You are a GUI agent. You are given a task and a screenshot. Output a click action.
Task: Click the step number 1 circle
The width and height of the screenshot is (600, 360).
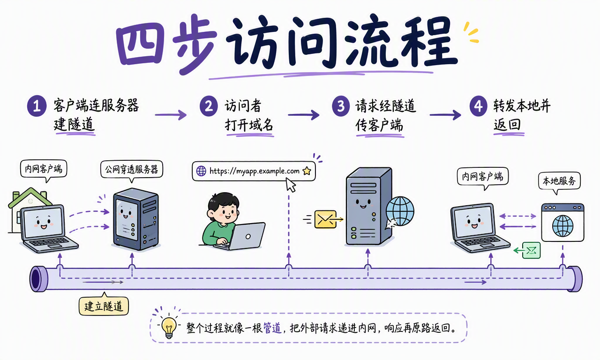(37, 106)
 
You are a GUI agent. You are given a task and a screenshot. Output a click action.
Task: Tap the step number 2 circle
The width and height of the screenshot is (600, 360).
(209, 106)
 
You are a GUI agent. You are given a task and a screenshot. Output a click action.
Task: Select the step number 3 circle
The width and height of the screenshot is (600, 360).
(341, 106)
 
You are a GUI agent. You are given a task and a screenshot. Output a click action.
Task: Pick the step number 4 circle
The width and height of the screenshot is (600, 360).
(479, 106)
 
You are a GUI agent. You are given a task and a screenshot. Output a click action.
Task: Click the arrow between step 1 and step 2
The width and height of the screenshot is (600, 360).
(171, 115)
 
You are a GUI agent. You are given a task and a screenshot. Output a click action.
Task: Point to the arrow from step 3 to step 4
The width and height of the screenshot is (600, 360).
(445, 115)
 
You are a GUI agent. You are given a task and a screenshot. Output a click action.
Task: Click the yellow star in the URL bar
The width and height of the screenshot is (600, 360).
(307, 171)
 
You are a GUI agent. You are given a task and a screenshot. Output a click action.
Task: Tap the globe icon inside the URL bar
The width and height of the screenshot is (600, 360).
(201, 171)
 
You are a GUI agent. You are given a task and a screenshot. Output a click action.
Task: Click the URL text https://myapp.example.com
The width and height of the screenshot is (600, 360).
(255, 171)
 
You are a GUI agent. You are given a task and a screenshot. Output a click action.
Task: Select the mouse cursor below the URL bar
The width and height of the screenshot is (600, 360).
(290, 185)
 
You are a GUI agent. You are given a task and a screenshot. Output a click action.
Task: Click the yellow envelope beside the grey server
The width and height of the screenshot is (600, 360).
(325, 219)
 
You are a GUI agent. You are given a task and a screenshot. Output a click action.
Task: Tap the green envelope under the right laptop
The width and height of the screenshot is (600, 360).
(532, 250)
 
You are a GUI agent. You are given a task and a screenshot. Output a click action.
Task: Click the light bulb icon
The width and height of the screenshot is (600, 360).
(169, 327)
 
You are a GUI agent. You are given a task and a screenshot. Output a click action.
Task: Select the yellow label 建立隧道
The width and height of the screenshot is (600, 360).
(104, 306)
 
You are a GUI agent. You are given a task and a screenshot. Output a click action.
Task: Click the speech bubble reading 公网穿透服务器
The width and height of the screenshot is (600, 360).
(132, 170)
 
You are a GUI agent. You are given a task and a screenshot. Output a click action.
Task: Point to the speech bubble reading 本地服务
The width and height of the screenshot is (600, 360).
(559, 181)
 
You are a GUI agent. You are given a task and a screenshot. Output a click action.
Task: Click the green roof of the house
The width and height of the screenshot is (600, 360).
(30, 197)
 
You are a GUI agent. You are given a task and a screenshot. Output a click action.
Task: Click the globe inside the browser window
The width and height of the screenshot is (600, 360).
(562, 226)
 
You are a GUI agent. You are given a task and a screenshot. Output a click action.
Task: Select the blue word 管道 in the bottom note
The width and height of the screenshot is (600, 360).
(272, 328)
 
